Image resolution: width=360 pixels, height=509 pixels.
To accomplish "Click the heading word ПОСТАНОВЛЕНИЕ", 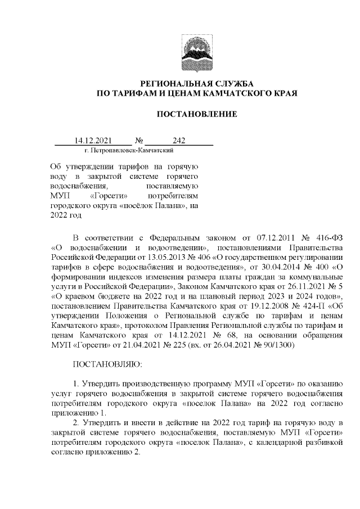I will click(196, 115).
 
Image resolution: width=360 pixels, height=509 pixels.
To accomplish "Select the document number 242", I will click(179, 141).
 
